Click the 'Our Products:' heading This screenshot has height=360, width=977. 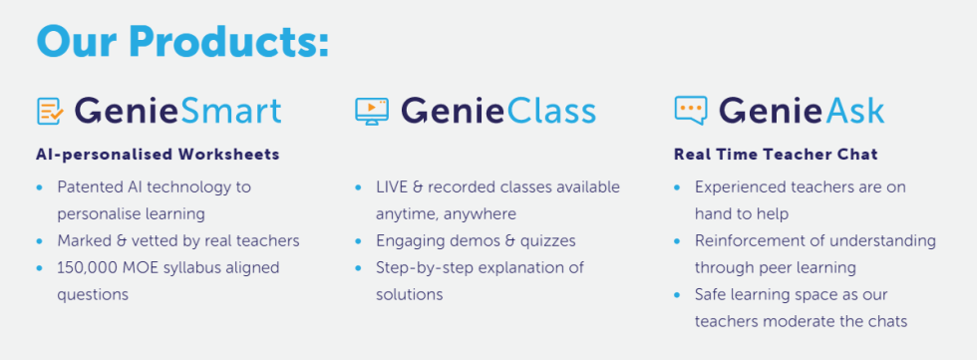[182, 42]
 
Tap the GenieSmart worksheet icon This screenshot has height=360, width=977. [50, 111]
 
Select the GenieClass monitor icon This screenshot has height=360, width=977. [372, 111]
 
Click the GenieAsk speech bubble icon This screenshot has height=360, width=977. [691, 111]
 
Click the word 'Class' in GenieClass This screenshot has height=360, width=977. [551, 111]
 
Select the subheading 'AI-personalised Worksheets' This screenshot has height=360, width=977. [158, 155]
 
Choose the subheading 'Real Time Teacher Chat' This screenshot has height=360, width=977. [776, 155]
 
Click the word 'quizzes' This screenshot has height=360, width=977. [547, 241]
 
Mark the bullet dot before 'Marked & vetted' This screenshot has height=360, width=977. [40, 241]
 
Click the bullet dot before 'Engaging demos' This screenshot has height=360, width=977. [358, 241]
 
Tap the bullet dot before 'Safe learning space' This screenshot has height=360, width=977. [677, 294]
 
